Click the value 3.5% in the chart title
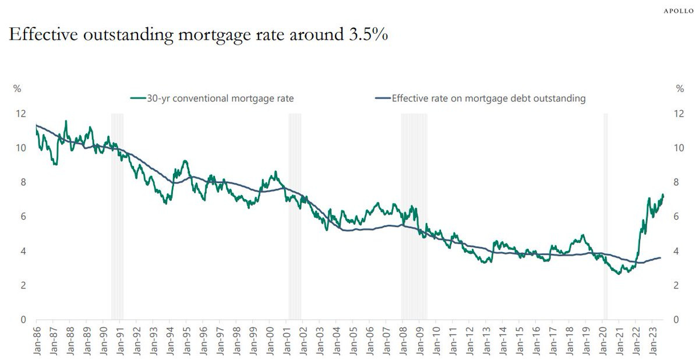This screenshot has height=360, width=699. click(368, 35)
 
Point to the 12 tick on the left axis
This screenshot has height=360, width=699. click(21, 114)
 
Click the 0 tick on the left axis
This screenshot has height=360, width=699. click(23, 320)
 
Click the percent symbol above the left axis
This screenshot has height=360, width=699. click(17, 89)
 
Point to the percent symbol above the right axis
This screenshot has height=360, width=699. click(679, 89)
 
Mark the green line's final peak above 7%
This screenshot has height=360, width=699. click(662, 195)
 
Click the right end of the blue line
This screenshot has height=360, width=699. click(661, 257)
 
